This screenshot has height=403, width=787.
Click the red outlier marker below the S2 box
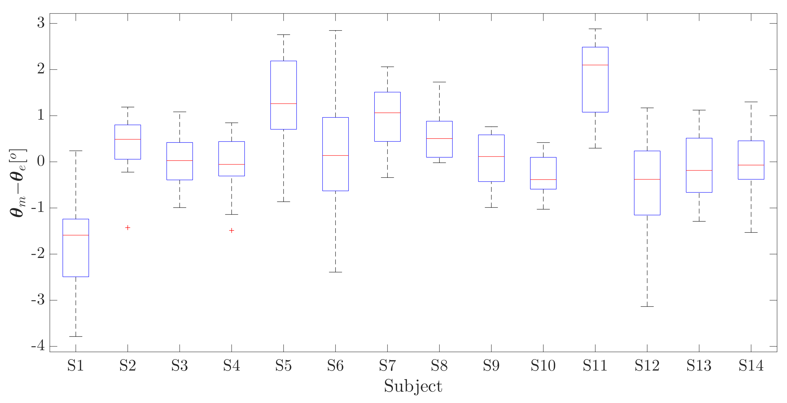128,227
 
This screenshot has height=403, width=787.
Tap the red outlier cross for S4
231,230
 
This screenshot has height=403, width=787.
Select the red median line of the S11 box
595,65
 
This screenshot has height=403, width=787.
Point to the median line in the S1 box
76,235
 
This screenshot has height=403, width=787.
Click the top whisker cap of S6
335,31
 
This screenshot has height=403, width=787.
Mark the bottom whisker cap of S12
647,306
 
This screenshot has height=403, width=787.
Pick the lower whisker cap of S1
76,336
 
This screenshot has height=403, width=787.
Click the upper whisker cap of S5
284,35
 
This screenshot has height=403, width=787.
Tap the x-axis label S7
387,365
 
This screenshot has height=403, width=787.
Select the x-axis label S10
543,365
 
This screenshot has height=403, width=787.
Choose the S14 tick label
751,365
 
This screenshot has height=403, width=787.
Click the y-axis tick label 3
41,23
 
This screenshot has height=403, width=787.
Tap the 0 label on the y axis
41,161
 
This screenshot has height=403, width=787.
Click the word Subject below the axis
413,386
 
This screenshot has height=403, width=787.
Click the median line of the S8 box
439,139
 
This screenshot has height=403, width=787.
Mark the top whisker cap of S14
751,102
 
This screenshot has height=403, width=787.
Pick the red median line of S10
543,179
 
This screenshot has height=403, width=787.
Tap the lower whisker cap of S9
491,208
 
